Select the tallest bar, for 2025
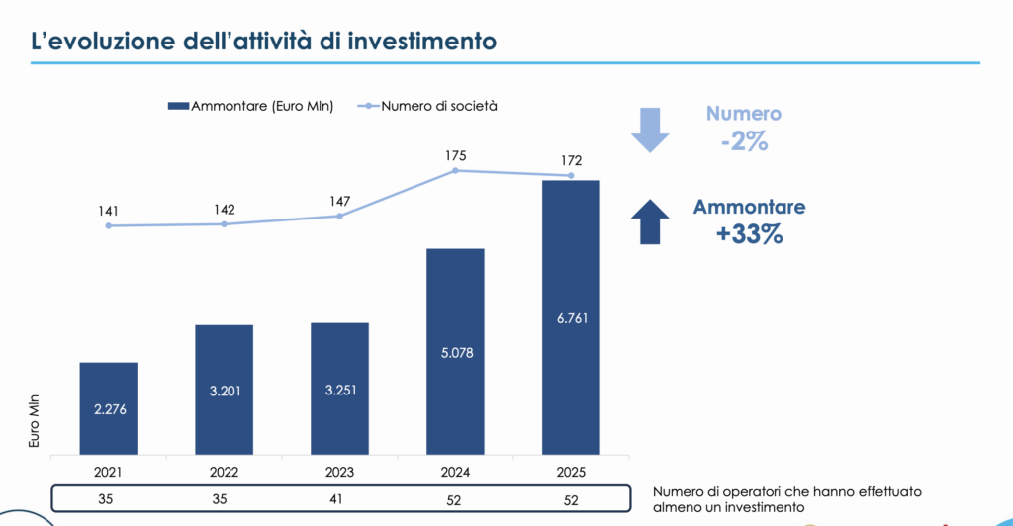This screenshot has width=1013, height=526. tap(571, 316)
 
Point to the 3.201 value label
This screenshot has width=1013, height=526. tap(224, 391)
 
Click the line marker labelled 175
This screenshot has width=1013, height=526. tap(456, 171)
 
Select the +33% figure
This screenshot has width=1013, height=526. tap(751, 235)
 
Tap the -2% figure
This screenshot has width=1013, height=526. tap(745, 141)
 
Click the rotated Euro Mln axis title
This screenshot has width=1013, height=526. tap(33, 421)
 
